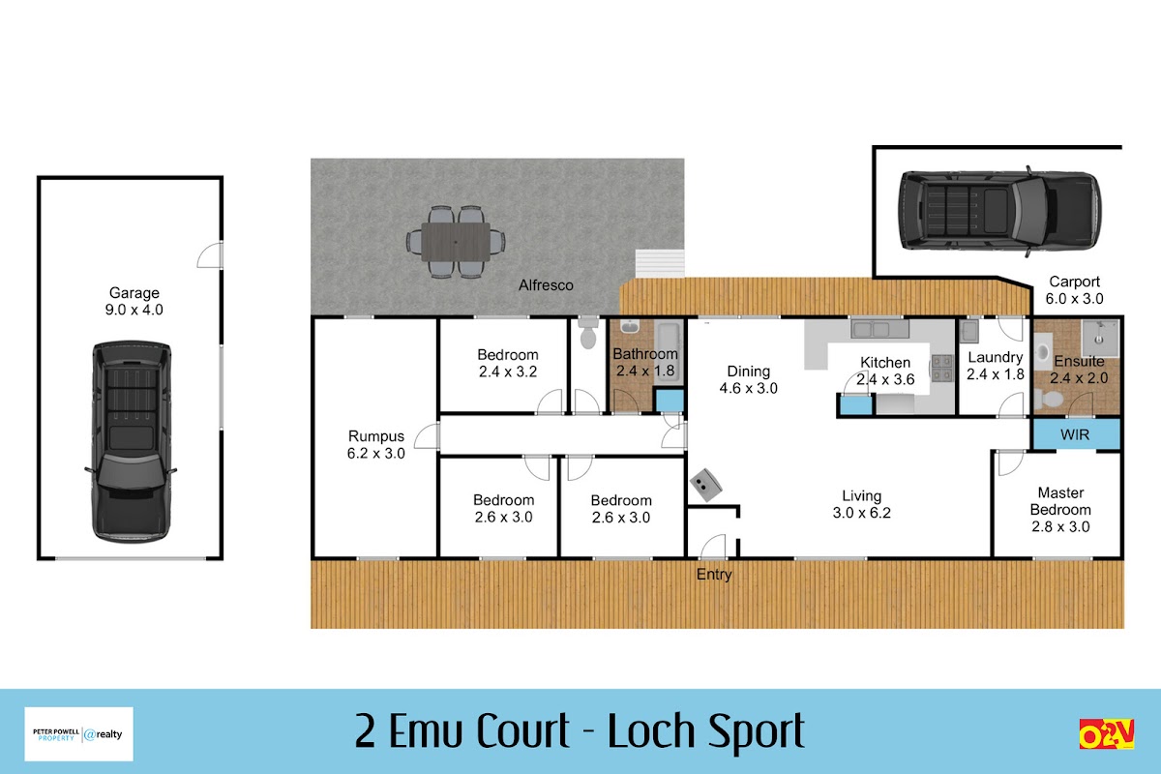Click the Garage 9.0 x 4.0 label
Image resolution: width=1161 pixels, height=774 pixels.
coord(134,301)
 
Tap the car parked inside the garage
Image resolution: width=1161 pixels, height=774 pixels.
coord(132,442)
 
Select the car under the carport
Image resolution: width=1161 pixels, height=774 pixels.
coord(999,211)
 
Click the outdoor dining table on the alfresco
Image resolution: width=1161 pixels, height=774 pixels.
coord(456,242)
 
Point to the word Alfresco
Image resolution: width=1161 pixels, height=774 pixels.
coord(546,285)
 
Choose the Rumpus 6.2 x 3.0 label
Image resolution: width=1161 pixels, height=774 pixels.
coord(375,444)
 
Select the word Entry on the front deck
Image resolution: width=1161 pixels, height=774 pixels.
coord(714,575)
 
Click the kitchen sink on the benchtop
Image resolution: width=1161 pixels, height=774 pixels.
coord(879,329)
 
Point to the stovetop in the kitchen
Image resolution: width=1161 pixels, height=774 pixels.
coord(942,368)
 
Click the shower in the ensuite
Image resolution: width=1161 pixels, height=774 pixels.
coord(1100,338)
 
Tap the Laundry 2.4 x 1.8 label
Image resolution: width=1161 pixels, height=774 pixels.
coord(996,366)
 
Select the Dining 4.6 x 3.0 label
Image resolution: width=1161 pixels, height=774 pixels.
coord(749,379)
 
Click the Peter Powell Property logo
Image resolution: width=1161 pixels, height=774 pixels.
coord(78,734)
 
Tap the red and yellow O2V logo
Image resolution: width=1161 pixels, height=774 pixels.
coord(1107,733)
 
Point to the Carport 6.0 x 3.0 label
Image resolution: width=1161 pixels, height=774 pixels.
coord(1074,290)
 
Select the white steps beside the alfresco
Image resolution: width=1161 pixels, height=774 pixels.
coord(660,263)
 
